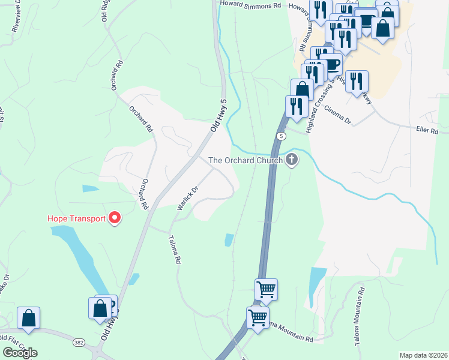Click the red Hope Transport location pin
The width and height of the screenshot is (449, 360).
coord(113,218)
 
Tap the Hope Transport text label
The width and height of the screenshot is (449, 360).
coord(77,218)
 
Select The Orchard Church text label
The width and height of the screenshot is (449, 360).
coord(246,160)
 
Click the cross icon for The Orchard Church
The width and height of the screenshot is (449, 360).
coord(292,160)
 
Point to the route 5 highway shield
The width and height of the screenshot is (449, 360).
coord(280,136)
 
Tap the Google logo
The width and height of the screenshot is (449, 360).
coord(20,353)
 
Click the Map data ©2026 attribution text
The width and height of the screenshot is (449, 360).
coord(423,355)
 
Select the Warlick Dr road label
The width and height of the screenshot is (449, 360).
coord(187,198)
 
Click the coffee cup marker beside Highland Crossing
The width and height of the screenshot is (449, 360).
coord(331,64)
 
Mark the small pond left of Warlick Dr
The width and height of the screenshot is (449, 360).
coord(90,188)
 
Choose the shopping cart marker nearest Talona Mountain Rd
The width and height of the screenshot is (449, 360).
coord(258,318)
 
